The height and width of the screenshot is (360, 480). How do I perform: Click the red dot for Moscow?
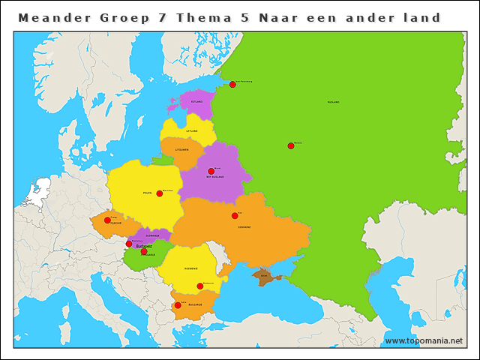[291, 146]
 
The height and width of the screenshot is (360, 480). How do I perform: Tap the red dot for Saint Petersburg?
[232, 85]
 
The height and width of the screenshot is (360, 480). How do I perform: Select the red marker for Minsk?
[211, 172]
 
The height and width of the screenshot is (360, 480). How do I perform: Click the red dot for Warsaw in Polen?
[160, 193]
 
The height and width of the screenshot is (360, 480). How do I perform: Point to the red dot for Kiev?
[235, 216]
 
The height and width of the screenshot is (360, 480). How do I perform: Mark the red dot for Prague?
[107, 220]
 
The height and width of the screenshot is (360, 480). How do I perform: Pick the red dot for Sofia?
[178, 305]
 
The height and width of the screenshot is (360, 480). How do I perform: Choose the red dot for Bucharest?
[200, 286]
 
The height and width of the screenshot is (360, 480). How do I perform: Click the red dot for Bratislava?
[129, 244]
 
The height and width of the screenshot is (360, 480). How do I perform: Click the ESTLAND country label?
[196, 101]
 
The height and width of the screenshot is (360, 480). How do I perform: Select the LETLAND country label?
[192, 130]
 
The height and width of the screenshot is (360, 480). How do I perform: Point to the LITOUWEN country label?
[181, 150]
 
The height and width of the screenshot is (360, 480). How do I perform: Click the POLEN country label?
[148, 193]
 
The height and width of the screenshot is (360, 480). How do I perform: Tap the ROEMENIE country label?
[190, 268]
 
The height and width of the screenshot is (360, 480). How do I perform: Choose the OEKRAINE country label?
[244, 226]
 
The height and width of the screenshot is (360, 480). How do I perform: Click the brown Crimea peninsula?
[264, 277]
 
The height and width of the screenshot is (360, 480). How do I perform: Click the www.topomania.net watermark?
[424, 341]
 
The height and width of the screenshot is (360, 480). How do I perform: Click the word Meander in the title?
[52, 16]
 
